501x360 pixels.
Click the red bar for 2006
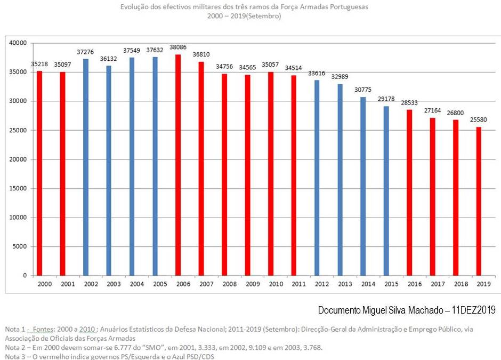pyautogui.click(x=178, y=165)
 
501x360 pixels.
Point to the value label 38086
pyautogui.click(x=178, y=47)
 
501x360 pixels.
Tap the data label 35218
pyautogui.click(x=39, y=64)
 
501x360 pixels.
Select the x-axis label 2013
pyautogui.click(x=345, y=284)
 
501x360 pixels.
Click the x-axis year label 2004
pyautogui.click(x=137, y=284)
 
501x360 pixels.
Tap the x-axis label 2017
pyautogui.click(x=438, y=284)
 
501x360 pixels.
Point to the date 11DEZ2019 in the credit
pyautogui.click(x=474, y=310)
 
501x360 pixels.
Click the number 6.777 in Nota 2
pyautogui.click(x=120, y=347)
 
